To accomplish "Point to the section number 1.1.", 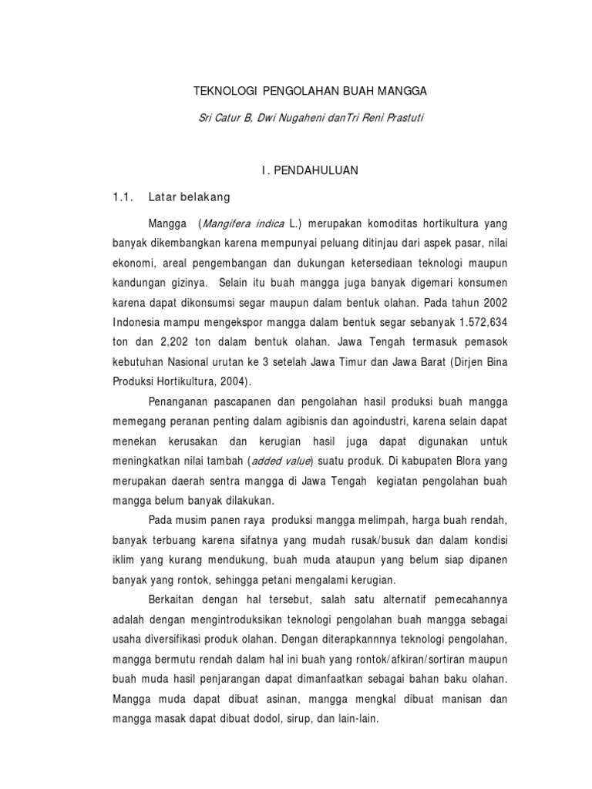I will pyautogui.click(x=123, y=197).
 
